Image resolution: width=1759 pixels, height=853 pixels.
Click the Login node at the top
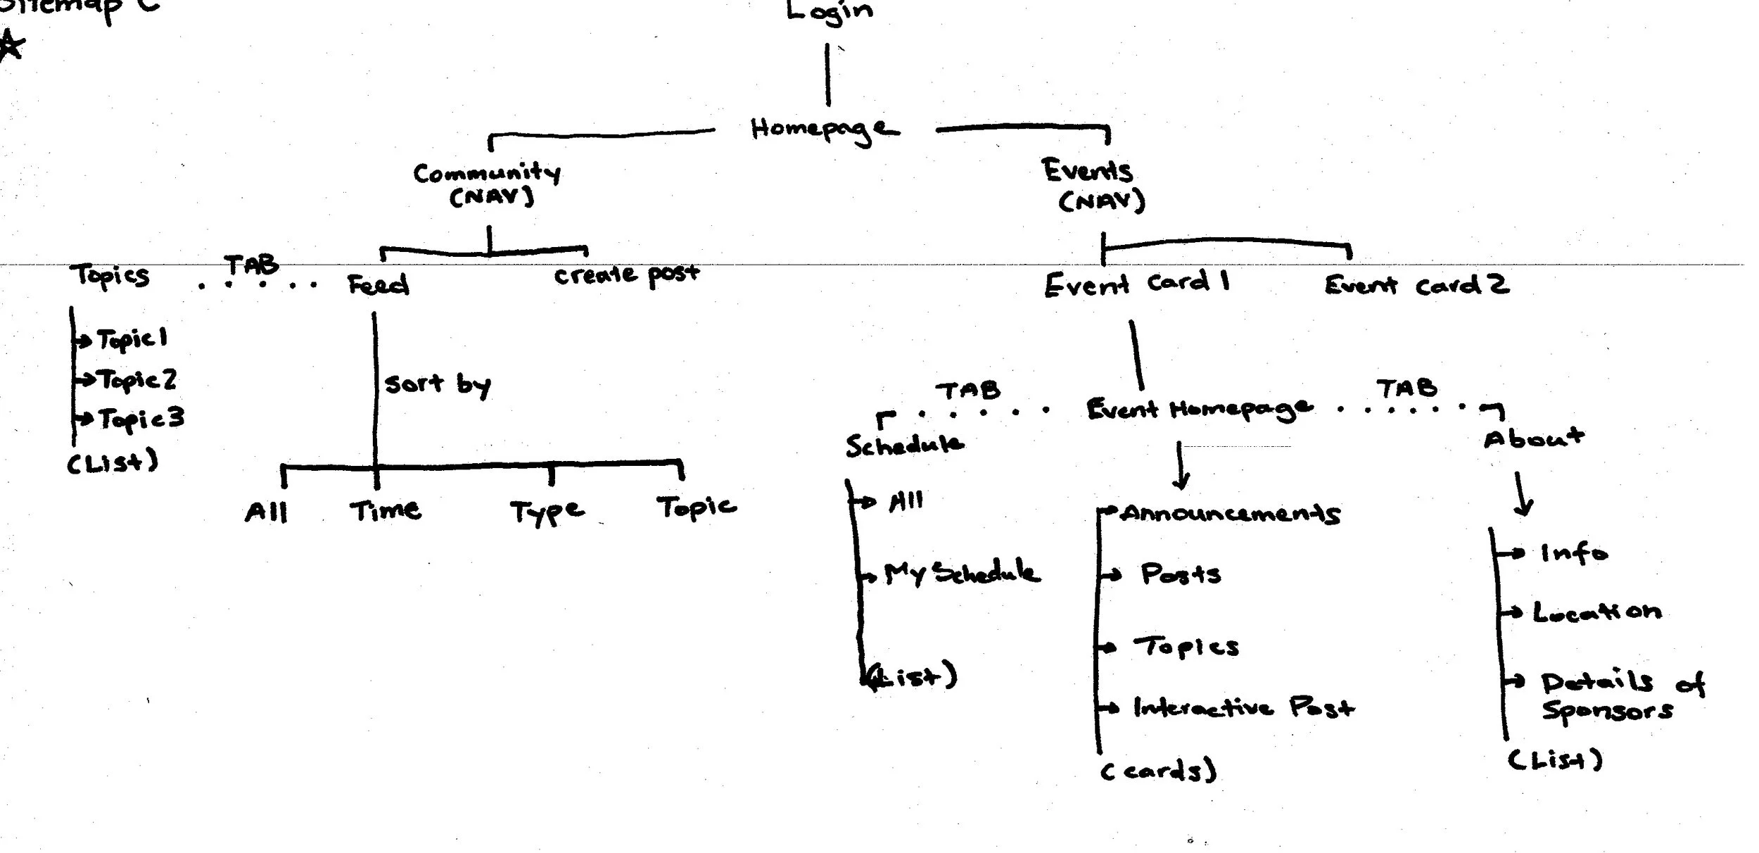pyautogui.click(x=829, y=12)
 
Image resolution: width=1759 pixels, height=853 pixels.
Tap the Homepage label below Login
pyautogui.click(x=823, y=129)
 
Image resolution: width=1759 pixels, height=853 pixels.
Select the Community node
pyautogui.click(x=488, y=173)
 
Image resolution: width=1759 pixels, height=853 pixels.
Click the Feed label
pyautogui.click(x=379, y=284)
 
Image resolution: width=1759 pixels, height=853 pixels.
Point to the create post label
pyautogui.click(x=626, y=274)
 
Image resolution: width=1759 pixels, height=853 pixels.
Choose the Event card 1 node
pyautogui.click(x=1136, y=284)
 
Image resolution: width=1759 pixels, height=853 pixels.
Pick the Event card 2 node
pyautogui.click(x=1416, y=285)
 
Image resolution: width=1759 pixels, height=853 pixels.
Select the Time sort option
pyautogui.click(x=386, y=510)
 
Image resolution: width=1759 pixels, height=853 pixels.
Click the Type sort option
pyautogui.click(x=547, y=512)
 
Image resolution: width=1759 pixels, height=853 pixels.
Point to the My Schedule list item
pyautogui.click(x=961, y=574)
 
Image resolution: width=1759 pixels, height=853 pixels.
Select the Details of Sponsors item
pyautogui.click(x=1618, y=696)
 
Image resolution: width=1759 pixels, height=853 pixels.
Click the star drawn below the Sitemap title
pyautogui.click(x=11, y=48)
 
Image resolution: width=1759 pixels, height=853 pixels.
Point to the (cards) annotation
pyautogui.click(x=1158, y=771)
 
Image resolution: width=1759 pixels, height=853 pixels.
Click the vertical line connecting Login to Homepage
pyautogui.click(x=827, y=75)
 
